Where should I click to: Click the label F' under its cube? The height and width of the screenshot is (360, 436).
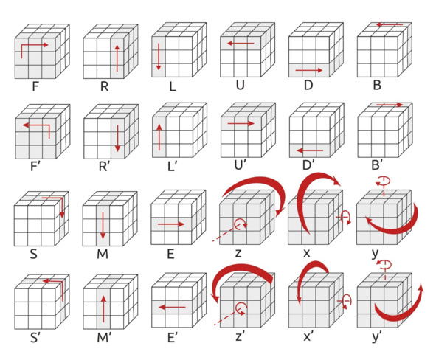34,166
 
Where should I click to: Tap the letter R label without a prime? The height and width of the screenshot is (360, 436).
104,86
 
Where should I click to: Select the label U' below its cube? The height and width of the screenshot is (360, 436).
240,165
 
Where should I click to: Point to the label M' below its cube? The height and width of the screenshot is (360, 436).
104,337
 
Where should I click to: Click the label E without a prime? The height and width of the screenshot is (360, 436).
170,254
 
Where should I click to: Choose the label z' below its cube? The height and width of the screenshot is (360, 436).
240,336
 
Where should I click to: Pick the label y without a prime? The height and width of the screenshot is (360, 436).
375,254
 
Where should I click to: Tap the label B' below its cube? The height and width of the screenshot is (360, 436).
376,165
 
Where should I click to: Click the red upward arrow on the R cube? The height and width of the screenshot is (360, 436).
117,58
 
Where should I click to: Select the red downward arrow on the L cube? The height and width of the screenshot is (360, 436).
159,56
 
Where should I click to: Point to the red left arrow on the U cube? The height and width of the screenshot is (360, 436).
241,44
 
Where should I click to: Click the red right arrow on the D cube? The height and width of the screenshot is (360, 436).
309,70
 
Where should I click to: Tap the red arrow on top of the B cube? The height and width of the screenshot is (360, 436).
390,25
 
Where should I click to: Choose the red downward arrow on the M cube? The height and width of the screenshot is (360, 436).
103,226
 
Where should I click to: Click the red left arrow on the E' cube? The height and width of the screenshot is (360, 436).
172,307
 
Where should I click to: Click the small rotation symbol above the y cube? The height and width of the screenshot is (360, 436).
383,181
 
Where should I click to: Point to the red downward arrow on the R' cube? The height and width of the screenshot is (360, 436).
117,139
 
